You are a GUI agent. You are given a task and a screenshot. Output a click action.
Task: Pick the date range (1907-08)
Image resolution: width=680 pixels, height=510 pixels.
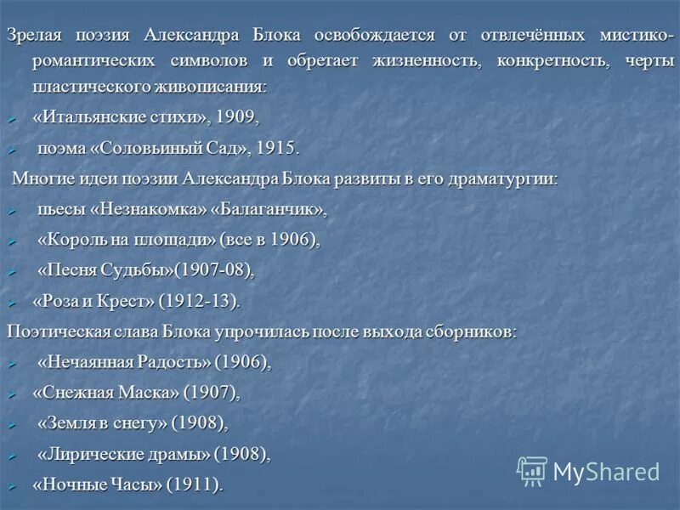[x=213, y=270]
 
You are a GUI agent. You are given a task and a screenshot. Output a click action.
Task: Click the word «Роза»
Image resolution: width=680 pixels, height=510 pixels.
[x=54, y=301]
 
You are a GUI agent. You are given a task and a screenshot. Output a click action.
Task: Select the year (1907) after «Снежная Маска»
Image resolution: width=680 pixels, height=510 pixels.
[x=210, y=393]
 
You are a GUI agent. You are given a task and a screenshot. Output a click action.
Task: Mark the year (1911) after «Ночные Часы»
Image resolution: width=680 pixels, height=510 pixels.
[x=194, y=484]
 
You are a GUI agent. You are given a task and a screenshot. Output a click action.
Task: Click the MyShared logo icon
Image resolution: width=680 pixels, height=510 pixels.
[x=532, y=471]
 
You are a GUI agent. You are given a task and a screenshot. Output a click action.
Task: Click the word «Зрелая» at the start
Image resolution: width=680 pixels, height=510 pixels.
[x=31, y=36]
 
